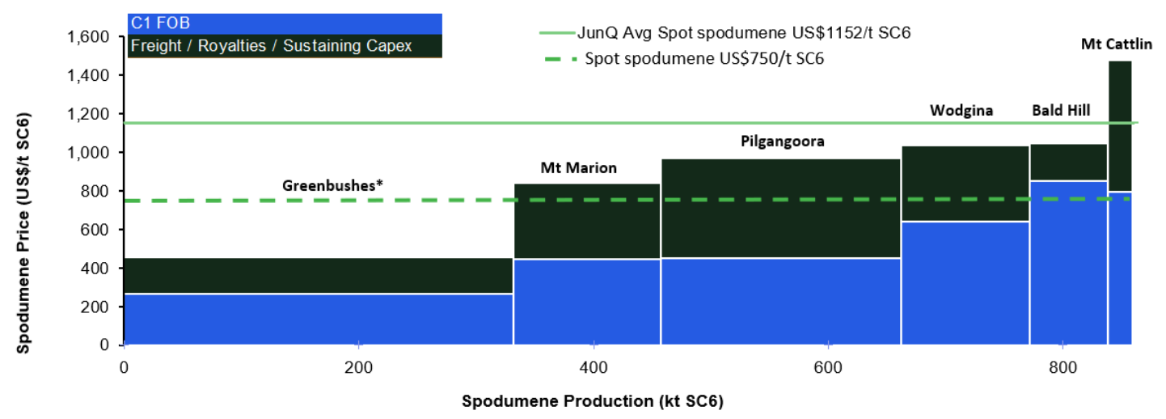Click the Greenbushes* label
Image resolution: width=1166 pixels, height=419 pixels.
332,186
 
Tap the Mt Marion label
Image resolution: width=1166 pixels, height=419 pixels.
578,168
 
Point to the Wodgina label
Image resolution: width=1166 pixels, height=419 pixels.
961,110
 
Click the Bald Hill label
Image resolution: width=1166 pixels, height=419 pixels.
1060,110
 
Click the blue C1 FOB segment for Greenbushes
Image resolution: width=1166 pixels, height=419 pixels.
319,320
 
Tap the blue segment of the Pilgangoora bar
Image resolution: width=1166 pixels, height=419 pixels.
780,302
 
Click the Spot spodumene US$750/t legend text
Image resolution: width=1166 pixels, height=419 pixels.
703,58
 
